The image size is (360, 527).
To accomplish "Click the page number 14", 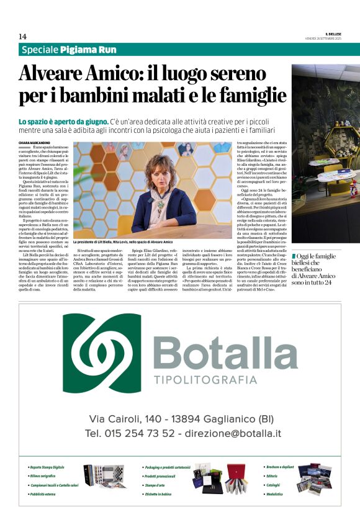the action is (22, 37).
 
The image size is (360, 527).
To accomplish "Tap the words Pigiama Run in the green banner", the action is (88, 50).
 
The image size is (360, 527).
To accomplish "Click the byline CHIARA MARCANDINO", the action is (35, 143).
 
